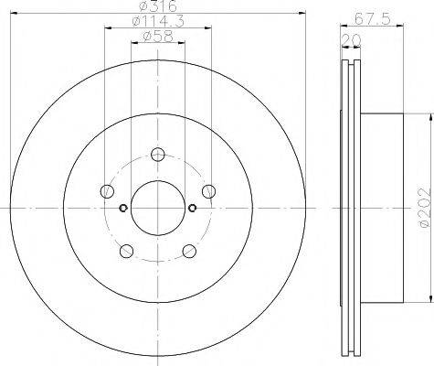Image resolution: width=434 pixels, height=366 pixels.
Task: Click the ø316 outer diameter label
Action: tap(158, 6)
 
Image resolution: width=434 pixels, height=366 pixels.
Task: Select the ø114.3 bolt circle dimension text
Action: tap(158, 21)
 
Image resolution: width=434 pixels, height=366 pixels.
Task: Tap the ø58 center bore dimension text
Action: tap(158, 37)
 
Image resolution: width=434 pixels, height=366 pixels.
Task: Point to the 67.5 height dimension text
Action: tap(372, 19)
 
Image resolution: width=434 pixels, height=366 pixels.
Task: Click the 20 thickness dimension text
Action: tap(351, 40)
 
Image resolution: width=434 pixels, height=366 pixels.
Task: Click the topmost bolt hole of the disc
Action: tap(158, 154)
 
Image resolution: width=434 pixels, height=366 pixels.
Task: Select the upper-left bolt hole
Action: tap(107, 191)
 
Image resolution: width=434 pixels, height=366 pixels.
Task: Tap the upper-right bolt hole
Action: tap(209, 191)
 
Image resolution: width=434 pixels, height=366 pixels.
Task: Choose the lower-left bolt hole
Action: tap(127, 251)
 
